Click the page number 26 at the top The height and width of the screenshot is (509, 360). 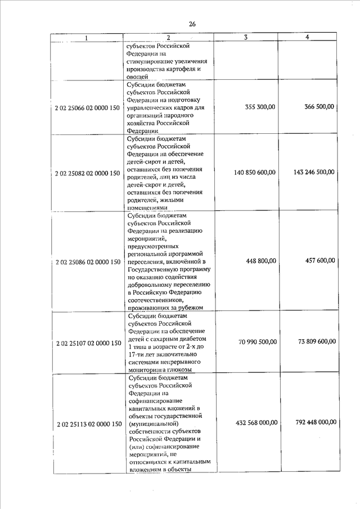(x=192, y=24)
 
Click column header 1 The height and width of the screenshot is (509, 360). (x=86, y=38)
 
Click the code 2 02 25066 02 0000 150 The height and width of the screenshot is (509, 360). (x=88, y=107)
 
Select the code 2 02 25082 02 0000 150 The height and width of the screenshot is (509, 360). (x=88, y=173)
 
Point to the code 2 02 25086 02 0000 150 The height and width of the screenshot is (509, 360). (x=88, y=262)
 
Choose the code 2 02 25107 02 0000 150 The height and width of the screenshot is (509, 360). (x=88, y=343)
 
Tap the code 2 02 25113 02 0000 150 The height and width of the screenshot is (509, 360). (x=88, y=423)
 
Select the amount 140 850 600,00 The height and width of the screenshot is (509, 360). (x=254, y=172)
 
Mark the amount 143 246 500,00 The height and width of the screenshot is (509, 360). (x=314, y=172)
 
